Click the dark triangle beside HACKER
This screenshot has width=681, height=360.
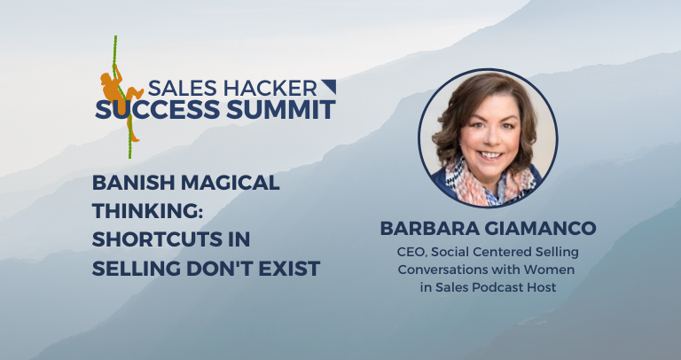coord(328,87)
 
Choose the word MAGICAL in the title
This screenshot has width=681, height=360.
coord(232,184)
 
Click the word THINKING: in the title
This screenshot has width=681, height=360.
coord(148,212)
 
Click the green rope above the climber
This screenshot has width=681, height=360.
coord(115,53)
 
